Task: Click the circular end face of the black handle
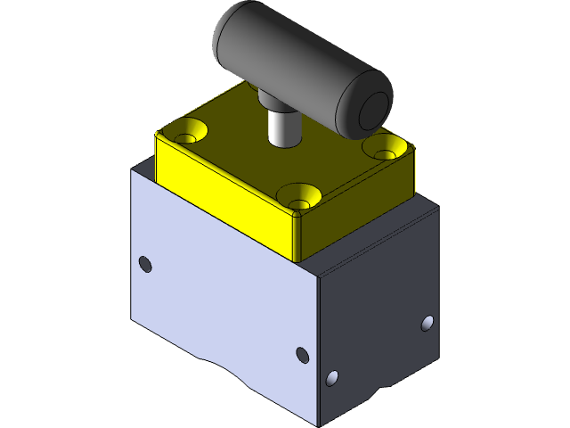pos(373,108)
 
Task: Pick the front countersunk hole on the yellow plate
pos(298,194)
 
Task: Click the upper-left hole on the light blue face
pos(146,264)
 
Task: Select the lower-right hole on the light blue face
pos(302,356)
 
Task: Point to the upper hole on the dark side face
pos(427,323)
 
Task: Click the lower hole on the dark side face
pos(332,378)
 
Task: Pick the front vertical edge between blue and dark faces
pos(317,339)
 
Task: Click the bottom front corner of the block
pos(318,422)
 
